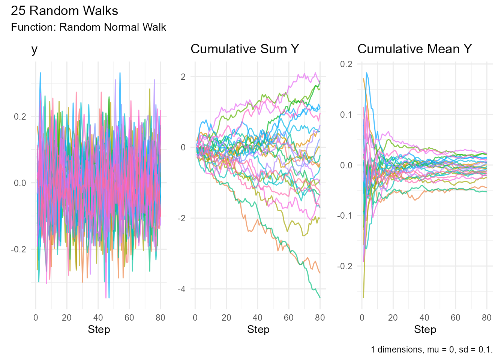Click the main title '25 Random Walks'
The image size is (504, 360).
[64, 11]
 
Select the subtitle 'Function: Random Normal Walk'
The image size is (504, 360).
[88, 27]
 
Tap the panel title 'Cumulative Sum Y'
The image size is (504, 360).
[244, 49]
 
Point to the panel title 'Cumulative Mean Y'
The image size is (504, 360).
[414, 49]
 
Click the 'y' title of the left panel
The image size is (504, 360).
[34, 49]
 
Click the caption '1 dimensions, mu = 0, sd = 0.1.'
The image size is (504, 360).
[431, 349]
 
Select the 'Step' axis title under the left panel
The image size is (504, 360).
[99, 330]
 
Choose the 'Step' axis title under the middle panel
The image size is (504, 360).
[258, 330]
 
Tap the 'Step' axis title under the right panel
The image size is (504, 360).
[425, 330]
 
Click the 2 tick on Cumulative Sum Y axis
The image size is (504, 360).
[183, 77]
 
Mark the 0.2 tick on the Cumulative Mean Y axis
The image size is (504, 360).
[346, 64]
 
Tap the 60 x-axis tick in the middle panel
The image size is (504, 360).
[289, 318]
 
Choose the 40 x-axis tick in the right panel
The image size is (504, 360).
[424, 318]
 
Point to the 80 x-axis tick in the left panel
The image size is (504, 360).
[160, 318]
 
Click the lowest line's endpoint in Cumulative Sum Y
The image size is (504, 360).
[320, 298]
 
